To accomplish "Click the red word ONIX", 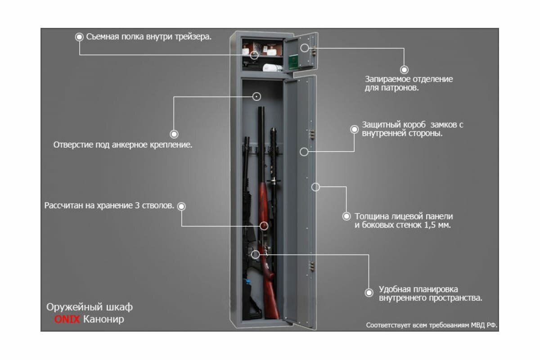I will click(67, 319).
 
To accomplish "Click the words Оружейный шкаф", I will click(90, 307).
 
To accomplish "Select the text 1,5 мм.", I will click(437, 225).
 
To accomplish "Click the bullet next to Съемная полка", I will click(80, 37).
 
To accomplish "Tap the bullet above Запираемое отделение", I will click(404, 69).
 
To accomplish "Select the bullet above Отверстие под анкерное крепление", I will click(174, 134).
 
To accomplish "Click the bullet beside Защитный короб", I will click(354, 129).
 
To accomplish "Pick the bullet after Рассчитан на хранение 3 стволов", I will click(181, 206).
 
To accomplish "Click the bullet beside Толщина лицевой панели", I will click(346, 216).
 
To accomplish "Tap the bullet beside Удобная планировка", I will click(369, 292).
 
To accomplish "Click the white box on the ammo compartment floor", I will click(273, 68).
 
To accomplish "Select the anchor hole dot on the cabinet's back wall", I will click(256, 96).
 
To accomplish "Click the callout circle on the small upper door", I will click(305, 48).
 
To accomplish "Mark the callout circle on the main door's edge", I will click(316, 187).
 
